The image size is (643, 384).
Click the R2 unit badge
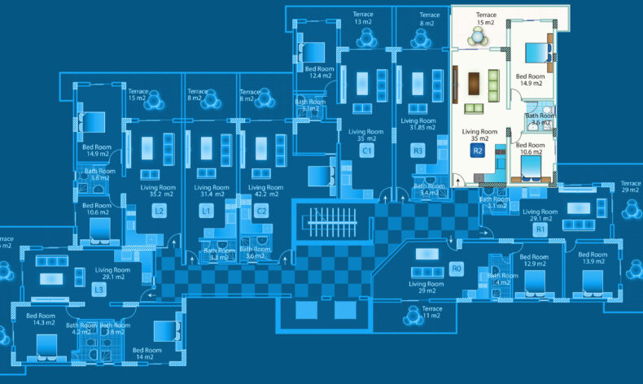coord(478,151)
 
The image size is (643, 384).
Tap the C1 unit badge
coord(367,151)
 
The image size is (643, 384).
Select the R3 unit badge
coord(418,151)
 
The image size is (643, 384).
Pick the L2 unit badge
coord(160,212)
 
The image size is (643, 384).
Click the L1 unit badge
coord(208,212)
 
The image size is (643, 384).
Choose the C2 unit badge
coord(261,212)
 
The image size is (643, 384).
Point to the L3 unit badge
coord(98,290)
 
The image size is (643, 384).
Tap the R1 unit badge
coord(540,230)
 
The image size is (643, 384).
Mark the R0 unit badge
coord(456,268)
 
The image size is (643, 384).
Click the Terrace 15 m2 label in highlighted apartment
coord(486,19)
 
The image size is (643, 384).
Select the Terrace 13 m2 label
coord(363,19)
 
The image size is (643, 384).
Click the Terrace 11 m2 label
coord(432,313)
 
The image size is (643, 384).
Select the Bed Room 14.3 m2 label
coord(41,319)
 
